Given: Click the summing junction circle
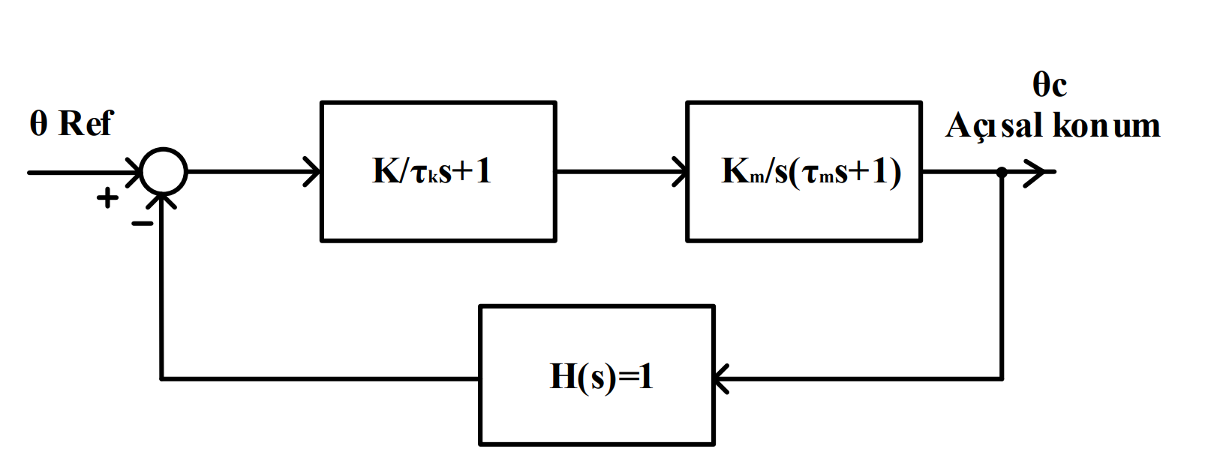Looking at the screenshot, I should coord(164,172).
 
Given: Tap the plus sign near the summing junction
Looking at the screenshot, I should coord(108,198).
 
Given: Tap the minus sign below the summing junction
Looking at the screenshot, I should coord(142,223).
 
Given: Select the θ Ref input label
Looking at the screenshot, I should coord(71,123).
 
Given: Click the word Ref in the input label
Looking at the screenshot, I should coord(86,123).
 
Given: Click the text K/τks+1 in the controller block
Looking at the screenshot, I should coord(431,171).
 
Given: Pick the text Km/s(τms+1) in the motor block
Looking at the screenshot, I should coord(810,172).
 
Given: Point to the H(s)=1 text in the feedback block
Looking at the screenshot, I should coord(601,375).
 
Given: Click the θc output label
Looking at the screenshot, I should coord(1049,84).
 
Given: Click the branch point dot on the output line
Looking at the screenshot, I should coord(1002,172).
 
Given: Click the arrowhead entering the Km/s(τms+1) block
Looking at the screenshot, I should coord(679,172).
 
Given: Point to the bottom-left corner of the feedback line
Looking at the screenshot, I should coord(162,378).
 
